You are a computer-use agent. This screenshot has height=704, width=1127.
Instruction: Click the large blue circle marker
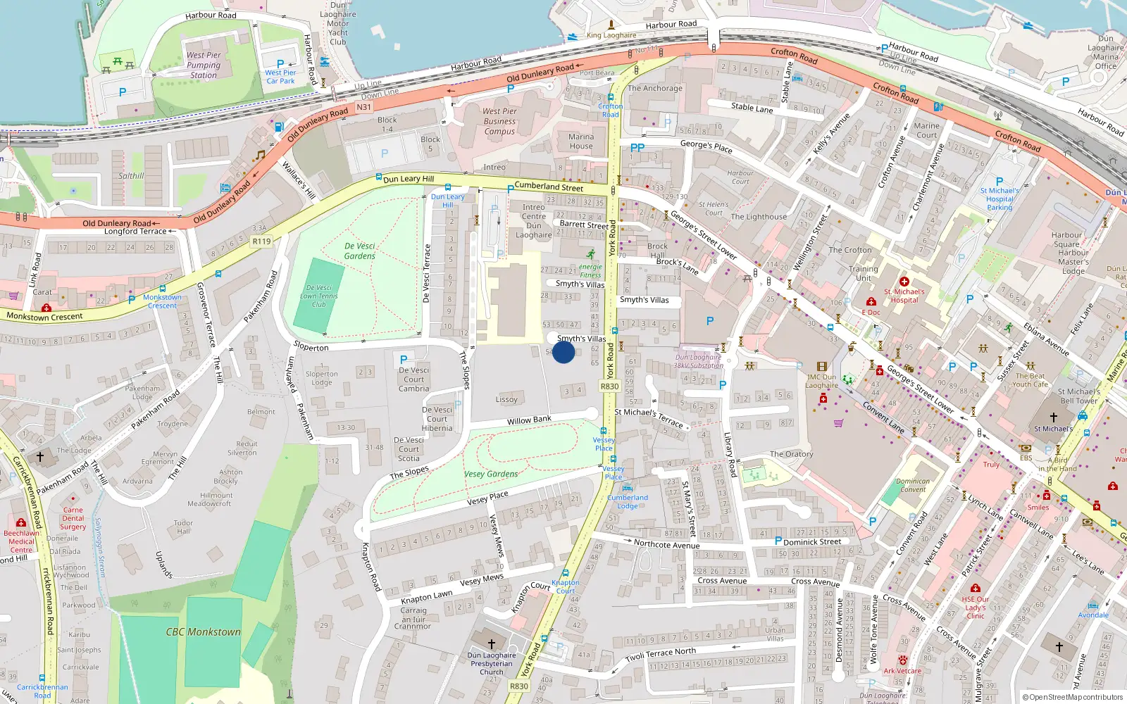tap(563, 351)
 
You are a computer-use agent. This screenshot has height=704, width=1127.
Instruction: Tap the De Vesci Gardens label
tap(359, 251)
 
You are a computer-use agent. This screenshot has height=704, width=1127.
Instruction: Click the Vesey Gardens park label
tap(491, 474)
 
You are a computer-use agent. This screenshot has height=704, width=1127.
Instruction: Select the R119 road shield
tap(261, 241)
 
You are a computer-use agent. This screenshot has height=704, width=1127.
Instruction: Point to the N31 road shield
tap(363, 107)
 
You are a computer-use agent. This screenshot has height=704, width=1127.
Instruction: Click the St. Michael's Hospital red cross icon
tap(904, 282)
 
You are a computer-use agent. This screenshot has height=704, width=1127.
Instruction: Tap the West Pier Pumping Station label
tap(204, 65)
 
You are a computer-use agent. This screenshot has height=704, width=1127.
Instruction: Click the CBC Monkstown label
tap(203, 631)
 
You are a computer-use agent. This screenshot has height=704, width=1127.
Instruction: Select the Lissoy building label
tap(506, 399)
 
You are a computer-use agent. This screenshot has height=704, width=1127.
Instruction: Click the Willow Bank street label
tap(529, 420)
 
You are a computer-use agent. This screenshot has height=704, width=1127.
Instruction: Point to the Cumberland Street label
tap(549, 187)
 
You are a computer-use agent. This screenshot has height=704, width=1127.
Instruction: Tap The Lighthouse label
tap(759, 217)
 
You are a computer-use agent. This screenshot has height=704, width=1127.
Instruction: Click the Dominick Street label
tap(812, 542)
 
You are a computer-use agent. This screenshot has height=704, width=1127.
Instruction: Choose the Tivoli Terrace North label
tap(661, 654)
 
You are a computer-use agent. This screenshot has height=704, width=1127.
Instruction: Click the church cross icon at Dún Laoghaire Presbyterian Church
tap(492, 643)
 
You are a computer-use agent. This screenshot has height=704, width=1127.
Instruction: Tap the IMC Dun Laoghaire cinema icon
tap(821, 367)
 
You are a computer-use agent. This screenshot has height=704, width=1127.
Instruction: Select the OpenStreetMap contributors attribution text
tap(1072, 697)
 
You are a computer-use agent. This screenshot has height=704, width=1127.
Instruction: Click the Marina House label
tap(581, 142)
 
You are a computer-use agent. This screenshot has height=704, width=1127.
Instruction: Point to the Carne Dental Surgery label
tap(73, 518)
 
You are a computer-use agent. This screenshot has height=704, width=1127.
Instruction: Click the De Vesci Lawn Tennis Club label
tap(319, 296)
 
